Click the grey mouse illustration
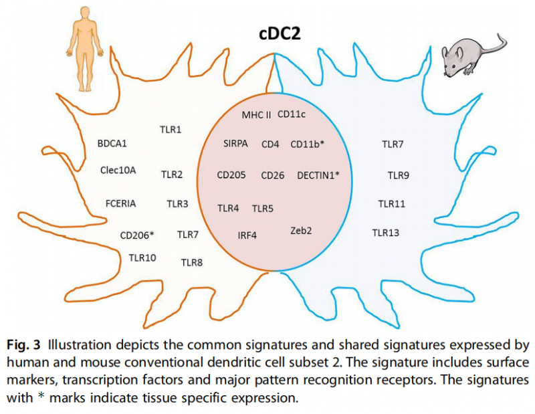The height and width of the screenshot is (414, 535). point(471,56)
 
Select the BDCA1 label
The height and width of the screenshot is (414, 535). point(112,142)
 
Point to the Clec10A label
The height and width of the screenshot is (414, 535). point(118,170)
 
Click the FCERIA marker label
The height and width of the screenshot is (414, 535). point(122,203)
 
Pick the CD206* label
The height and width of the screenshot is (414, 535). point(137,235)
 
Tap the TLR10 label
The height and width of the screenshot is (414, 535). point(142,257)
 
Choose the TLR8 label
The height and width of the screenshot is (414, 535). point(192,262)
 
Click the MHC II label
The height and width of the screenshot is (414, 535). point(256,115)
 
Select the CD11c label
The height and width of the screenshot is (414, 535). point(292,114)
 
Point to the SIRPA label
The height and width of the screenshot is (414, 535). point(236,143)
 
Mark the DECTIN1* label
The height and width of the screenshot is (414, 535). point(318,175)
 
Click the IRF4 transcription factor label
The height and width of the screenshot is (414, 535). point(247,235)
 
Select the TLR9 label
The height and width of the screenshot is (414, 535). point(399,175)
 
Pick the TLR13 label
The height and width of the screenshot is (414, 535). point(386,232)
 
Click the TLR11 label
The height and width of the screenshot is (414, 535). point(391,203)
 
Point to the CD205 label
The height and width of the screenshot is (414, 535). point(231,175)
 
